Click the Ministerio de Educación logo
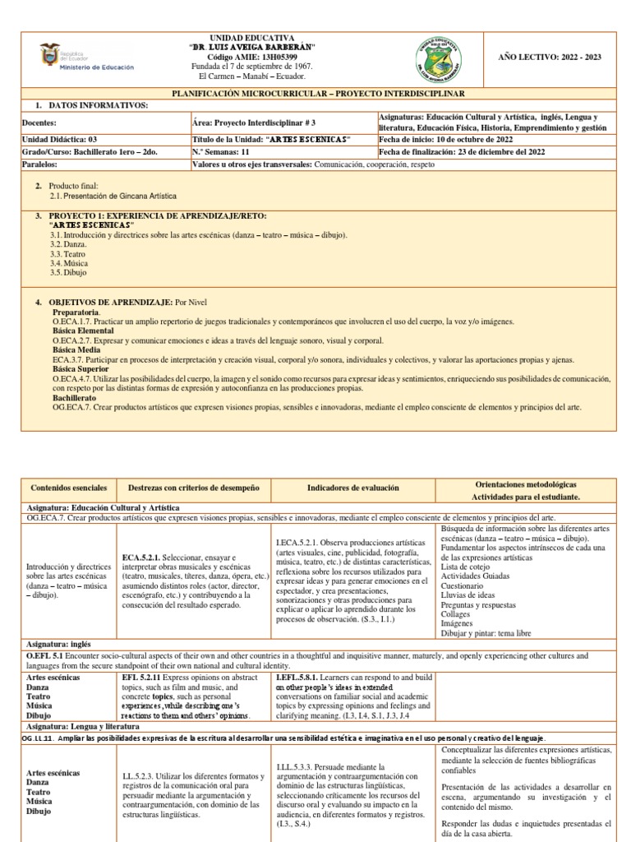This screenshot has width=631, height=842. click(x=85, y=58)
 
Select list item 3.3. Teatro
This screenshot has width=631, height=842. click(x=70, y=254)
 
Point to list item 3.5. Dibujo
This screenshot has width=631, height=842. click(x=68, y=272)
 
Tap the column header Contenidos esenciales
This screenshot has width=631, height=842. click(x=63, y=488)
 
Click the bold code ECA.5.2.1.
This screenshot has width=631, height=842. click(x=145, y=557)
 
